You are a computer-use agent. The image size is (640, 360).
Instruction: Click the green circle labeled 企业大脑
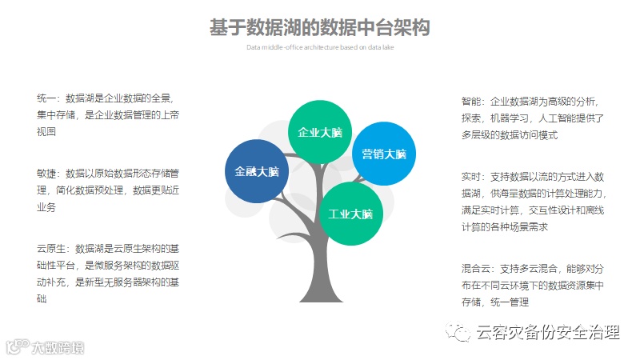coord(320,133)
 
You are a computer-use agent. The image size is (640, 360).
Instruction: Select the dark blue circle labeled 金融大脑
coord(257,171)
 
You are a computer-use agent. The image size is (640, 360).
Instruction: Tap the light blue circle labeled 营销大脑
coord(384,154)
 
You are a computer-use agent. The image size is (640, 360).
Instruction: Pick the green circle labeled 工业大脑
coord(351,214)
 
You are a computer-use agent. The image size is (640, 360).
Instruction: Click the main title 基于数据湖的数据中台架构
coord(320,28)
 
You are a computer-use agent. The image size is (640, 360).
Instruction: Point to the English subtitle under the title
coord(320,47)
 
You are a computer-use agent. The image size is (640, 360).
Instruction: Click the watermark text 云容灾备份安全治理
coord(547,332)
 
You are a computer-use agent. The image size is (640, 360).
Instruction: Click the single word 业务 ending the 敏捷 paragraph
coord(46,208)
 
